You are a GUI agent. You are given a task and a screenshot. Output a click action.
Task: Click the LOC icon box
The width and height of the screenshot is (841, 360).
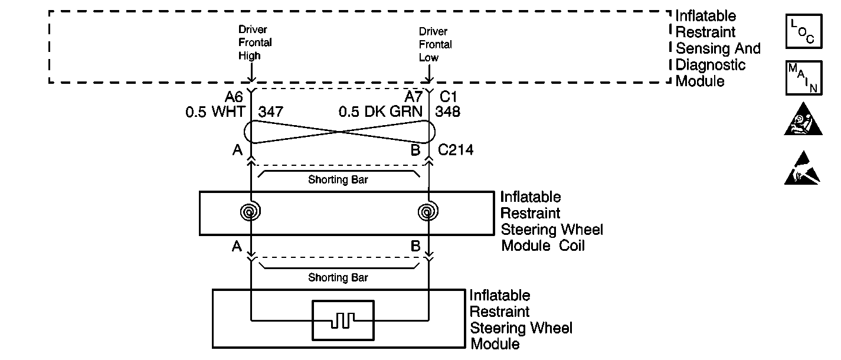pyautogui.click(x=803, y=32)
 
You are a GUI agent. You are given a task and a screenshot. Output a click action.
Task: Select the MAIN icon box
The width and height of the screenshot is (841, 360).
pyautogui.click(x=803, y=78)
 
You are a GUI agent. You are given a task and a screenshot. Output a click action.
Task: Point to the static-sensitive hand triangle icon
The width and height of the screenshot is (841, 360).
pyautogui.click(x=803, y=169)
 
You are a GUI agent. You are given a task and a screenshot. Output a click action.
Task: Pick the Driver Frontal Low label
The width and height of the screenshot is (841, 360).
pyautogui.click(x=436, y=44)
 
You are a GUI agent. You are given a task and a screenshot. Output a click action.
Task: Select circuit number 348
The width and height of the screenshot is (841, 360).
pyautogui.click(x=448, y=112)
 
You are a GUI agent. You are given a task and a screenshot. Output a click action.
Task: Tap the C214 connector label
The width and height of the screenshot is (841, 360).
pyautogui.click(x=456, y=150)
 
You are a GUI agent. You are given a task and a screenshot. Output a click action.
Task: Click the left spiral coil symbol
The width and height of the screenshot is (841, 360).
pyautogui.click(x=251, y=211)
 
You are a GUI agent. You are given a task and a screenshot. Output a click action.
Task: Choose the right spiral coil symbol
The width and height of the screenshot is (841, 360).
pyautogui.click(x=427, y=211)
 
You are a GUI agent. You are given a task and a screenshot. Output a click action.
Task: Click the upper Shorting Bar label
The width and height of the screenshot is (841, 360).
pyautogui.click(x=338, y=180)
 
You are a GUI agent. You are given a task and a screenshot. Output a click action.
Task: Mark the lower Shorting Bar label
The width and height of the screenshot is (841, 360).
pyautogui.click(x=338, y=277)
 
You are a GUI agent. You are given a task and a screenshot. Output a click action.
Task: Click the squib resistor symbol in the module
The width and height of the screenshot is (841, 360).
pyautogui.click(x=343, y=320)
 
